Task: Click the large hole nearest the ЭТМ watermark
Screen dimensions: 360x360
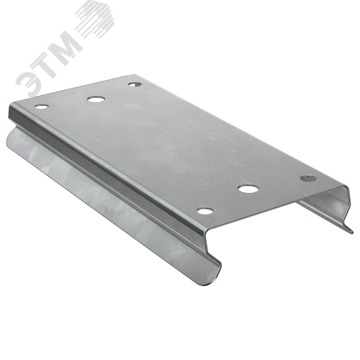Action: point(96,99)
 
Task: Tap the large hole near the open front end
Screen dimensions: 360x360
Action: point(248,189)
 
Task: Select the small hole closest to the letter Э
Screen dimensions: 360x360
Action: point(41,107)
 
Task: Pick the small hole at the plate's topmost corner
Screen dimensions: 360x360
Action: point(135,84)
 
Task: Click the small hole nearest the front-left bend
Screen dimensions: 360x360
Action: point(204,211)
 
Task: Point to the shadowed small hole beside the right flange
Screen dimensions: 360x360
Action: point(308,179)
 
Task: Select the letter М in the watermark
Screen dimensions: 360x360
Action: point(67,45)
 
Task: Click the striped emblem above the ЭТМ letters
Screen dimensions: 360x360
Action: point(95,19)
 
